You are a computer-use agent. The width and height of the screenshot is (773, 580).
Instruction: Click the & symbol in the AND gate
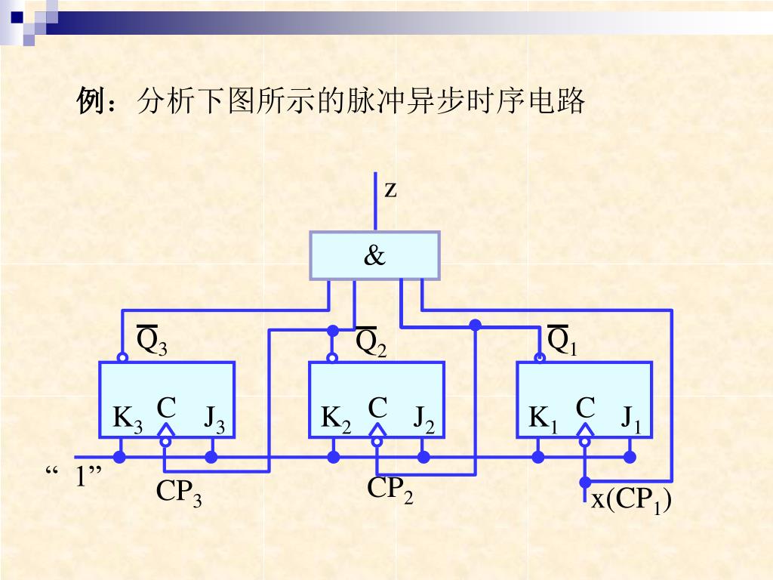pos(374,257)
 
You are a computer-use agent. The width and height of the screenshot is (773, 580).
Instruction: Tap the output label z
pos(390,190)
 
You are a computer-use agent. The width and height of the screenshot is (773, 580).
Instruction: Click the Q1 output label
pos(562,341)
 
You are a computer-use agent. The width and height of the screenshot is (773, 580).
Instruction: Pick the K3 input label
pos(127,419)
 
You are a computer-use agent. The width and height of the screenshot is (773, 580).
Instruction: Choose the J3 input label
pos(214,419)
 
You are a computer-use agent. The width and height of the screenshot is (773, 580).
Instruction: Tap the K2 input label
pos(336,419)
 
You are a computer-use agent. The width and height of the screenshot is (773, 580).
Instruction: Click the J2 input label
pos(423,419)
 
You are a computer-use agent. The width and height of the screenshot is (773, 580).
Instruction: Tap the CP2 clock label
pos(390,490)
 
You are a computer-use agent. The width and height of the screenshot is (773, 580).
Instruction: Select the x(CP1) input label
pos(631,501)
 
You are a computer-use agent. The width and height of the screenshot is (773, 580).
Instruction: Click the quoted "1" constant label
pos(75,477)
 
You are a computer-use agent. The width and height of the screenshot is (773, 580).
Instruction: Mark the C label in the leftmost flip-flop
pos(166,409)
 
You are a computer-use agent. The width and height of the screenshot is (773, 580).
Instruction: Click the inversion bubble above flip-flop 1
pos(539,357)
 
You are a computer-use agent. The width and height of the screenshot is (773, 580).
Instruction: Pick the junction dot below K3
pos(119,457)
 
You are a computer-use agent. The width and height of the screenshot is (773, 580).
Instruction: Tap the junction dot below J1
pos(629,457)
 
